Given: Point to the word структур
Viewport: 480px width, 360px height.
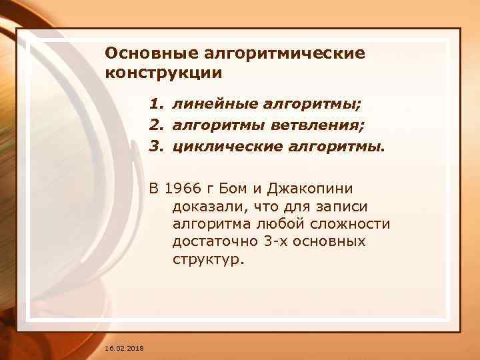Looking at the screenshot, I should [x=209, y=260].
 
